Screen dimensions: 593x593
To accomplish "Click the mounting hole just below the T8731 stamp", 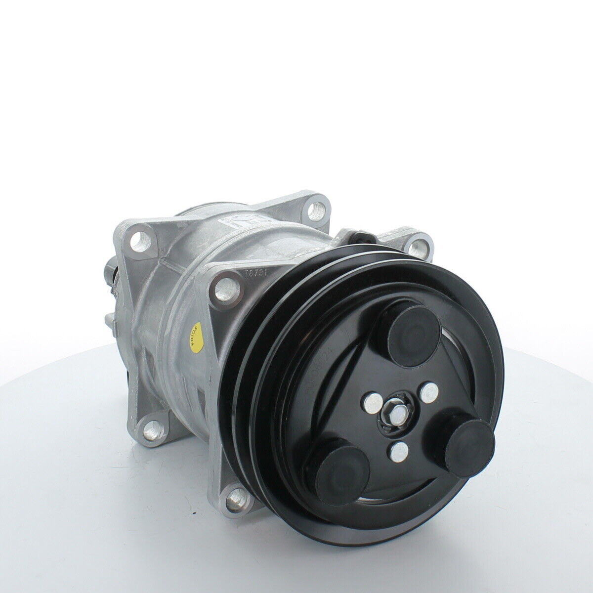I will tap(225, 284).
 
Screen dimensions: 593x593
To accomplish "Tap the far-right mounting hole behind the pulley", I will tap(419, 244).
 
